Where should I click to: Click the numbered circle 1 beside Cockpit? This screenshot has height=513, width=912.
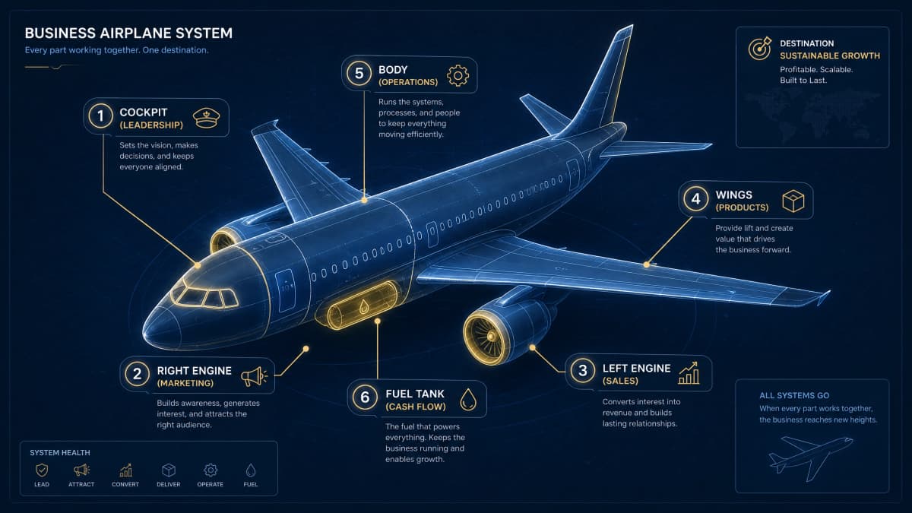click(100, 116)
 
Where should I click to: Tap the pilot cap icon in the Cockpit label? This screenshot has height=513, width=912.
click(206, 118)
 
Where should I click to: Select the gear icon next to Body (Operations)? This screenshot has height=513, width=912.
click(458, 76)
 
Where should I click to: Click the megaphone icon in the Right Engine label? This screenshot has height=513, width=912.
click(254, 377)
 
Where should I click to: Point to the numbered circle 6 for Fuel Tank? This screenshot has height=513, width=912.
click(365, 397)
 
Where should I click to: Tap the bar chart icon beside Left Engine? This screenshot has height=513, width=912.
click(689, 373)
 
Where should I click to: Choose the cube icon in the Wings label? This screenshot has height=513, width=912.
click(793, 201)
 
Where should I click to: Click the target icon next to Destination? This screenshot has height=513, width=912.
click(760, 49)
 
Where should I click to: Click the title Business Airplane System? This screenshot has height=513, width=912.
click(128, 33)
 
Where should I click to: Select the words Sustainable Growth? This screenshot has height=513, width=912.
click(830, 55)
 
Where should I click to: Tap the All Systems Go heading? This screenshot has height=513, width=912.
click(794, 395)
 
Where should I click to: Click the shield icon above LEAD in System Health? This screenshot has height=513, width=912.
click(42, 470)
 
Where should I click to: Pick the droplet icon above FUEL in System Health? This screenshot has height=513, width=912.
click(251, 470)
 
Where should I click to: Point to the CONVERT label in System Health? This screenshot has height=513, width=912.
click(125, 485)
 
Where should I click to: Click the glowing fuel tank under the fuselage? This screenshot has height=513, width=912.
click(357, 305)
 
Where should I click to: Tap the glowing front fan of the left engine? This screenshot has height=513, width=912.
click(487, 336)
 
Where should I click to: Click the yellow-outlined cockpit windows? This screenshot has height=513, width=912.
click(204, 297)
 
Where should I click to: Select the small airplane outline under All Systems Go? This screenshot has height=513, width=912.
click(810, 458)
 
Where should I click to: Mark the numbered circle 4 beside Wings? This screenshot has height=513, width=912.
click(696, 199)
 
